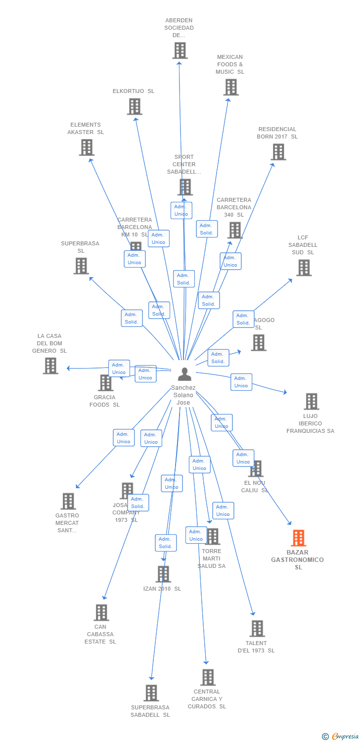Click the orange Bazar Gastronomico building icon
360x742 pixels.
[x=298, y=538]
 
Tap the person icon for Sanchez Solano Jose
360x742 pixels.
[x=184, y=374]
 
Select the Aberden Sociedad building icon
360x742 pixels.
[x=180, y=50]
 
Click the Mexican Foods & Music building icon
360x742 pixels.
[x=230, y=87]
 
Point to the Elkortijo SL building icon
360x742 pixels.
[x=135, y=106]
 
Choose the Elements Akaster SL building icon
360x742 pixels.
[x=87, y=147]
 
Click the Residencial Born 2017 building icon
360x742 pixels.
[x=278, y=152]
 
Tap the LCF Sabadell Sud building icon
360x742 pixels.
[x=304, y=268]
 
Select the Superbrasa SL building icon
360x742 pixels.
[x=81, y=266]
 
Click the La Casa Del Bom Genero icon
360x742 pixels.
[x=50, y=366]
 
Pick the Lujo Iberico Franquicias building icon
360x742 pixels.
[x=311, y=401]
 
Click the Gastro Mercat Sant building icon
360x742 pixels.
[x=68, y=501]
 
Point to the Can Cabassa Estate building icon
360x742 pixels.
[x=101, y=612]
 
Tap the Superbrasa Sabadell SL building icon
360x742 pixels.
[x=151, y=693]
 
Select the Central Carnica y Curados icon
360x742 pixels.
[x=208, y=677]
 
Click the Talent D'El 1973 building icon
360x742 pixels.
[x=257, y=629]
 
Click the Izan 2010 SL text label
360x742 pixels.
[x=162, y=589]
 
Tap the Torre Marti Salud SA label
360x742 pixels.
[x=212, y=558]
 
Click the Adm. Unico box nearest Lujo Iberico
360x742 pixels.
[x=241, y=382]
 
